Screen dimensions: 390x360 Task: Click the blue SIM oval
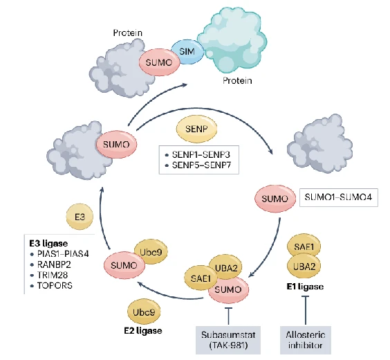pos(187,52)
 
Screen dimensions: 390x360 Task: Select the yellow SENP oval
pos(196,129)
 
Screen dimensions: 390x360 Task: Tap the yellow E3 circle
pos(80,217)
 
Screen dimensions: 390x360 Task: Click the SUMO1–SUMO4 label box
pos(339,197)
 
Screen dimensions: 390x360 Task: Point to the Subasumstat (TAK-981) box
pos(228,340)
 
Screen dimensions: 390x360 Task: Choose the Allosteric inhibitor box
pos(306,340)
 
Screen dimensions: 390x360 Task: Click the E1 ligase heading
pos(305,287)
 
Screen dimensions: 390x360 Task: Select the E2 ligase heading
pos(143,331)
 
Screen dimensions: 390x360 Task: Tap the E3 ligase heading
pos(48,243)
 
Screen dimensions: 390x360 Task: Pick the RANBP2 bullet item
pos(50,264)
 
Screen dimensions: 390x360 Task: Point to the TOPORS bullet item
pos(51,285)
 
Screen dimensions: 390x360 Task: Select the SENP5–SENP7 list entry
pos(198,165)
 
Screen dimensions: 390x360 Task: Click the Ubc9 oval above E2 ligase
pos(144,312)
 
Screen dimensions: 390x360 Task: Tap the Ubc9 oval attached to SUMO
pos(151,252)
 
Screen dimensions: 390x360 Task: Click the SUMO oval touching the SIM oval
pos(159,62)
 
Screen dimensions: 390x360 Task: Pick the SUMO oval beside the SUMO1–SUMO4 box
pos(275,199)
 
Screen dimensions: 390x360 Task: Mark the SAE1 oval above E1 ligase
pos(304,246)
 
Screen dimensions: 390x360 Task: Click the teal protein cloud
pos(232,40)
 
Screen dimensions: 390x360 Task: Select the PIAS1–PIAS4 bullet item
pos(59,254)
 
